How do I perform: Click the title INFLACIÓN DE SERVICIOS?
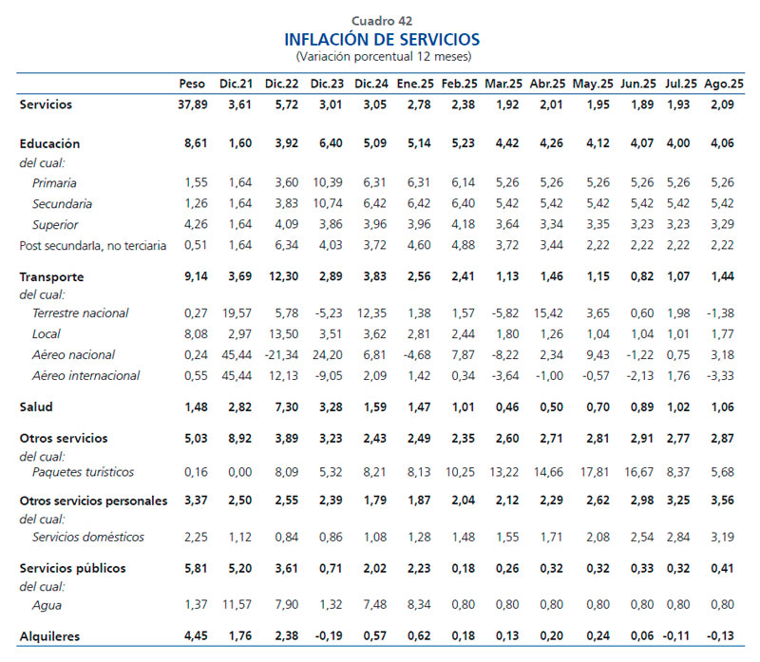[382, 39]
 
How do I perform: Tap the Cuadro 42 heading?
[382, 21]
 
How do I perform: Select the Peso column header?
[192, 84]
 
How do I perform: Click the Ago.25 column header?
[724, 84]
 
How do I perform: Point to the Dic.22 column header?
[282, 84]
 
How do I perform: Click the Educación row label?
[50, 143]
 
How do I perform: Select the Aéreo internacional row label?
[86, 375]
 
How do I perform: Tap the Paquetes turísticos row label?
[83, 472]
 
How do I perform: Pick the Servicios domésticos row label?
[88, 538]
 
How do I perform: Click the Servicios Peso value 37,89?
[192, 104]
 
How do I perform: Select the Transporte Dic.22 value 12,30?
[282, 276]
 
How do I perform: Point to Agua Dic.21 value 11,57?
[236, 604]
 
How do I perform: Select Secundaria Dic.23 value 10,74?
[327, 203]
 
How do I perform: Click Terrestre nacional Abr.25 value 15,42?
[547, 312]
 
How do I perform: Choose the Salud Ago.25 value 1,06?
[724, 407]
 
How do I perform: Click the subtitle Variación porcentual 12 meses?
[382, 56]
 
